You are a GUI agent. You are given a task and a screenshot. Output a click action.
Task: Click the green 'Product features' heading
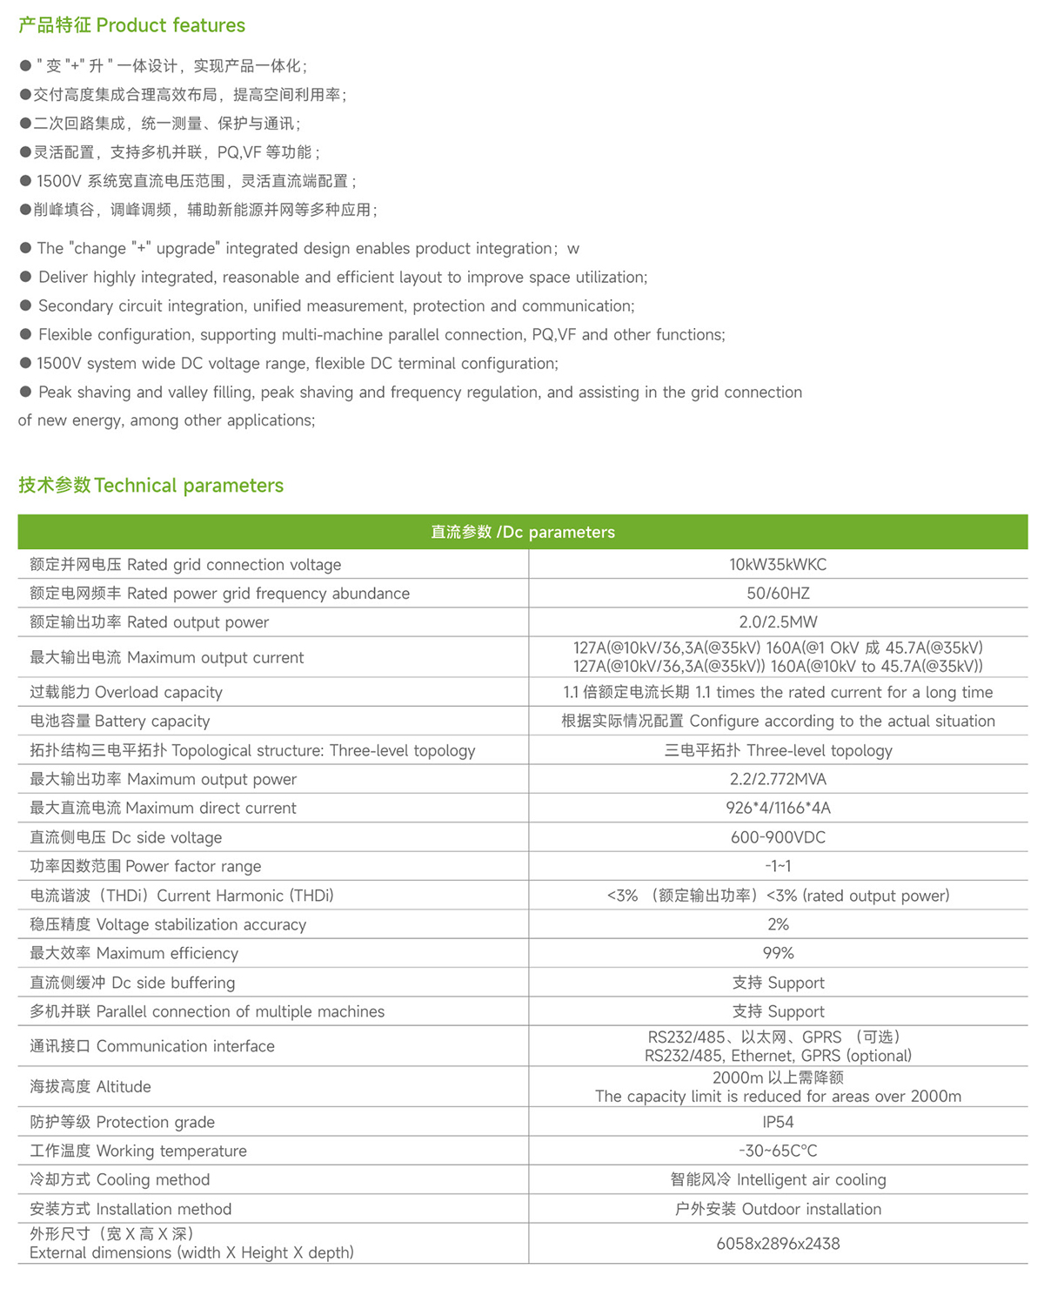coord(132,25)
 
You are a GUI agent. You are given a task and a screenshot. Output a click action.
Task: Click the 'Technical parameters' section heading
coord(151,486)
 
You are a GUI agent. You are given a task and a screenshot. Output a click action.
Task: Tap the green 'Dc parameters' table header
coord(523,532)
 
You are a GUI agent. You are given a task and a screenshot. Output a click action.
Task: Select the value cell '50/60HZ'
coord(778,594)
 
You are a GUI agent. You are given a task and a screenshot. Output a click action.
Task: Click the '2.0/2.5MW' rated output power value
coord(778,622)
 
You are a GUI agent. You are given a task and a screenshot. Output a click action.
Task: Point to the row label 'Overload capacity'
coord(126,693)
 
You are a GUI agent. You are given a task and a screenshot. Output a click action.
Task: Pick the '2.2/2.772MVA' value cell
coord(778,779)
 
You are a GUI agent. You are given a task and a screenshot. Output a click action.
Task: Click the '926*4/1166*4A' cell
coord(778,808)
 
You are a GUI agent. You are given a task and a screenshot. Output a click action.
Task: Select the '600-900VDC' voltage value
coord(778,837)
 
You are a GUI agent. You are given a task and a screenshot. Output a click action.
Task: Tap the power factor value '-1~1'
coord(778,866)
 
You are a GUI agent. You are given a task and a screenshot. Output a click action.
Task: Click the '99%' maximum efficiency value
coord(778,953)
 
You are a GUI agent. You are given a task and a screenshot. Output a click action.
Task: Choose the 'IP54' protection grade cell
coord(778,1122)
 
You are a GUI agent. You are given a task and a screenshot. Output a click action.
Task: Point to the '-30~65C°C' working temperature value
coord(778,1151)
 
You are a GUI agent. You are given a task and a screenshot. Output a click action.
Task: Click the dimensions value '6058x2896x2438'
coord(778,1244)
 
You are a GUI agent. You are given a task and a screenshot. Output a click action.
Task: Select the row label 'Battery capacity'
coord(120,722)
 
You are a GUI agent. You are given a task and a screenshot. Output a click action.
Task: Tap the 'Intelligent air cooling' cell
coord(778,1180)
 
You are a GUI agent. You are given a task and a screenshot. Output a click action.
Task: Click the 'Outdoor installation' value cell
coord(778,1209)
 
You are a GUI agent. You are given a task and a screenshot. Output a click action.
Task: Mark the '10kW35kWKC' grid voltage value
coord(778,565)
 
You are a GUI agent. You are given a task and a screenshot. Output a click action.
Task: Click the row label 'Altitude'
coord(90,1087)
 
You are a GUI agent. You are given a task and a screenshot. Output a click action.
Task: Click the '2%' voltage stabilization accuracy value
coord(778,924)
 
